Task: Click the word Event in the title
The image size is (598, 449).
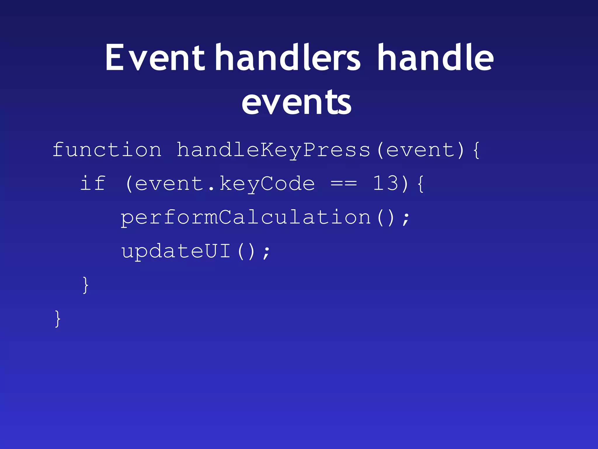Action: tap(155, 57)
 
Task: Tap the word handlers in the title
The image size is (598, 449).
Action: tap(288, 57)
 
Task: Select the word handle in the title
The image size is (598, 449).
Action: tap(435, 57)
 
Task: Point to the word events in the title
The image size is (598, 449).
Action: tap(296, 102)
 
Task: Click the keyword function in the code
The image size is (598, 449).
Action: tap(107, 150)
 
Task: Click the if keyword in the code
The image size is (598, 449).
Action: tap(93, 184)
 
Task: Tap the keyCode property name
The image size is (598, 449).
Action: tap(267, 184)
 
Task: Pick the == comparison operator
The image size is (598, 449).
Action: tap(344, 184)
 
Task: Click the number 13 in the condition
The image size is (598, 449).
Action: tap(385, 184)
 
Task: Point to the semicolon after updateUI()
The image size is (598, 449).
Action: tap(266, 253)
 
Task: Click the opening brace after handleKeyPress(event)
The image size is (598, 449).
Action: tap(476, 150)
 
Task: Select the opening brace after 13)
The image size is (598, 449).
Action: tap(420, 184)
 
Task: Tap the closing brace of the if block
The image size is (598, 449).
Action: tap(86, 285)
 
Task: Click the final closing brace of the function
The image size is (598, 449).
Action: tap(58, 319)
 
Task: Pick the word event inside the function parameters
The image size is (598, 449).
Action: tap(420, 150)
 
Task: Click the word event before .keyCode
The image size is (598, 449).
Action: tap(169, 184)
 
